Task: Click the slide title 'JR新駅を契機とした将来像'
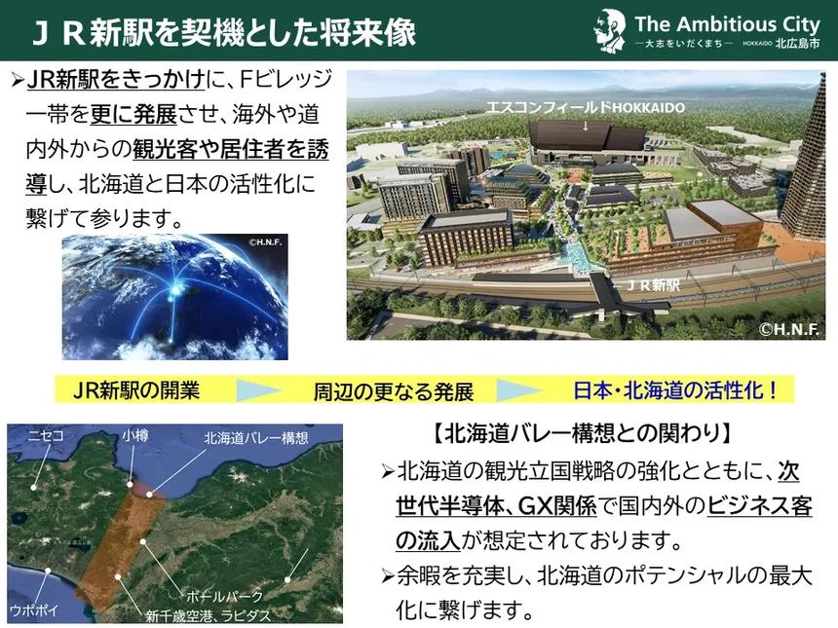point(224,32)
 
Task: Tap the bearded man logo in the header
point(610,30)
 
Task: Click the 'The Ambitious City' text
point(727,24)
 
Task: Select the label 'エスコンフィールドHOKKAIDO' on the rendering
point(586,107)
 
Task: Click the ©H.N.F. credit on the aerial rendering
point(789,329)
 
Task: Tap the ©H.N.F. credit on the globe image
point(265,243)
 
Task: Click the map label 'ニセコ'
point(46,436)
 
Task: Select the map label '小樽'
point(134,436)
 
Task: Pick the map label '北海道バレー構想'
point(256,438)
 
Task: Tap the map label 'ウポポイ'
point(33,610)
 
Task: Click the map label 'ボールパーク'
point(224,596)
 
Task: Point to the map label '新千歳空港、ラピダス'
point(209,615)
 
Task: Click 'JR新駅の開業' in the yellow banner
point(136,390)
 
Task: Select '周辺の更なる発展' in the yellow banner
point(394,391)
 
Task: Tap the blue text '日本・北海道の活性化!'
point(676,389)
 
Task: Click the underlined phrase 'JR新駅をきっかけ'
point(115,80)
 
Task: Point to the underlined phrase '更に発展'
point(133,114)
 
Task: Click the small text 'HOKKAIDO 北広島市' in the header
point(781,44)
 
